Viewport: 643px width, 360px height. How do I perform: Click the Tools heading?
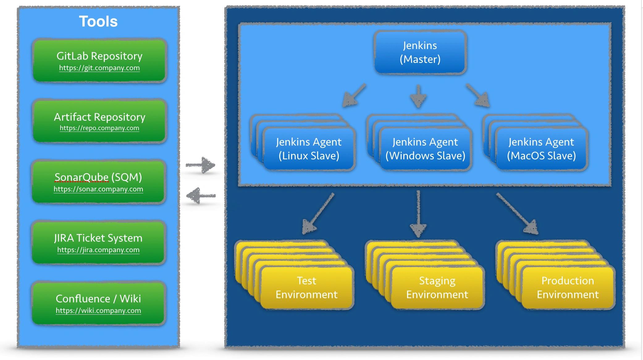(x=98, y=22)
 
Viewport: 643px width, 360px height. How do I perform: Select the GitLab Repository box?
(x=99, y=61)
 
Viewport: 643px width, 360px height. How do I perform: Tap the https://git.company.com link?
(x=99, y=68)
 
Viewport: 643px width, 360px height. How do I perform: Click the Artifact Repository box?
(x=99, y=121)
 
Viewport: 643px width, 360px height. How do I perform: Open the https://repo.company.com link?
(x=99, y=128)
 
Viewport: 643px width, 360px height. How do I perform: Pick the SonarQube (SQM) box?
(x=99, y=182)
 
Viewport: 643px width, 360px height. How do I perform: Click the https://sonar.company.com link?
(x=98, y=189)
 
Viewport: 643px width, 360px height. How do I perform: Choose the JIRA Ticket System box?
(x=99, y=242)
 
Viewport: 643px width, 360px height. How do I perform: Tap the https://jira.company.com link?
(x=98, y=250)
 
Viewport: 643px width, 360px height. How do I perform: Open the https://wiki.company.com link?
(x=98, y=311)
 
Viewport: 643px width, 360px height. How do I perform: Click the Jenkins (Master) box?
(x=420, y=52)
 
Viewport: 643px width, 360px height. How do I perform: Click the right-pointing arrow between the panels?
(x=200, y=165)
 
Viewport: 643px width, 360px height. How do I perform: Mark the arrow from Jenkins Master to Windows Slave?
(x=418, y=96)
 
